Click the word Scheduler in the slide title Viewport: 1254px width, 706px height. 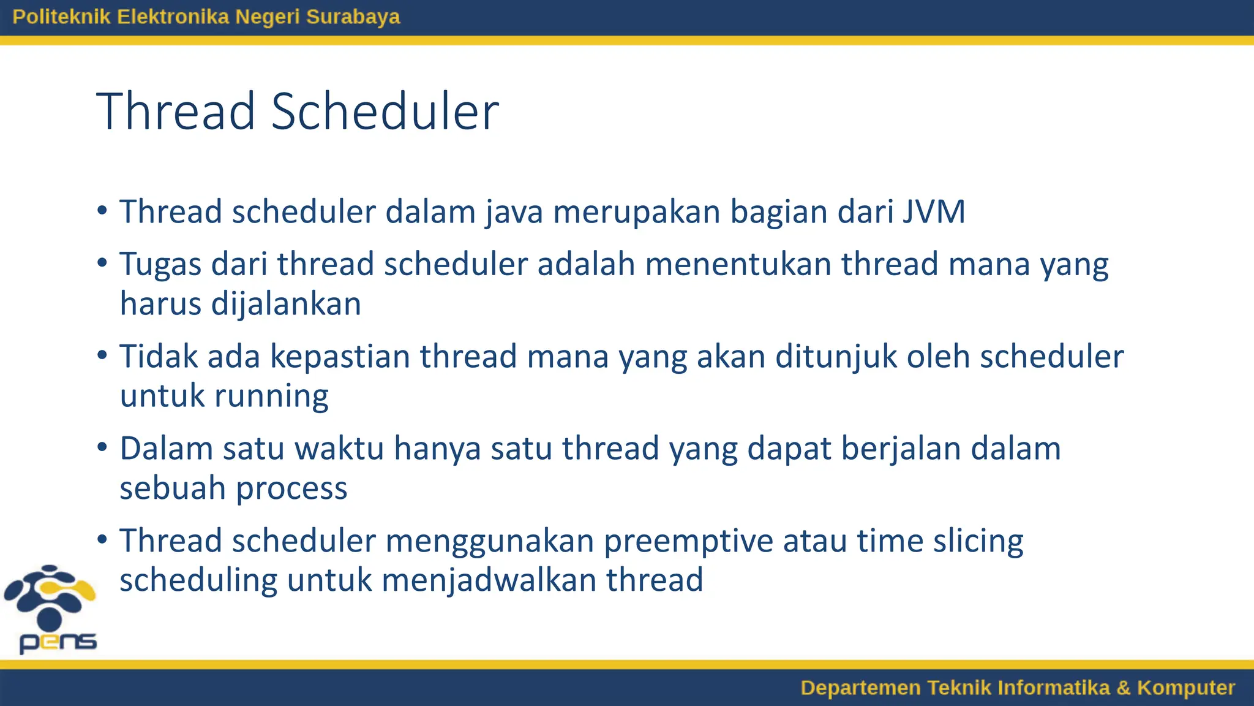click(385, 112)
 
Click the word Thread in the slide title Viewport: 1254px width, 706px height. click(176, 112)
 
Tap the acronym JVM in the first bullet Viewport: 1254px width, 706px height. click(934, 212)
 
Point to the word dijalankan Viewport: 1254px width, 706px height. click(286, 305)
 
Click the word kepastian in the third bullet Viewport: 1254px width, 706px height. click(340, 357)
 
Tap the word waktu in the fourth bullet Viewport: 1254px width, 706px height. click(339, 449)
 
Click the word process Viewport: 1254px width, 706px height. click(291, 489)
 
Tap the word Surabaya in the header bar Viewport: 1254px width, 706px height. click(353, 17)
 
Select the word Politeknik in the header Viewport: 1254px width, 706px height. click(61, 17)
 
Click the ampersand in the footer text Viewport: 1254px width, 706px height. click(1123, 688)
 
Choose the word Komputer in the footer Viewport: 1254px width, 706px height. click(1185, 688)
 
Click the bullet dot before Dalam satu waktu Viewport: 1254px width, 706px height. click(102, 447)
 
